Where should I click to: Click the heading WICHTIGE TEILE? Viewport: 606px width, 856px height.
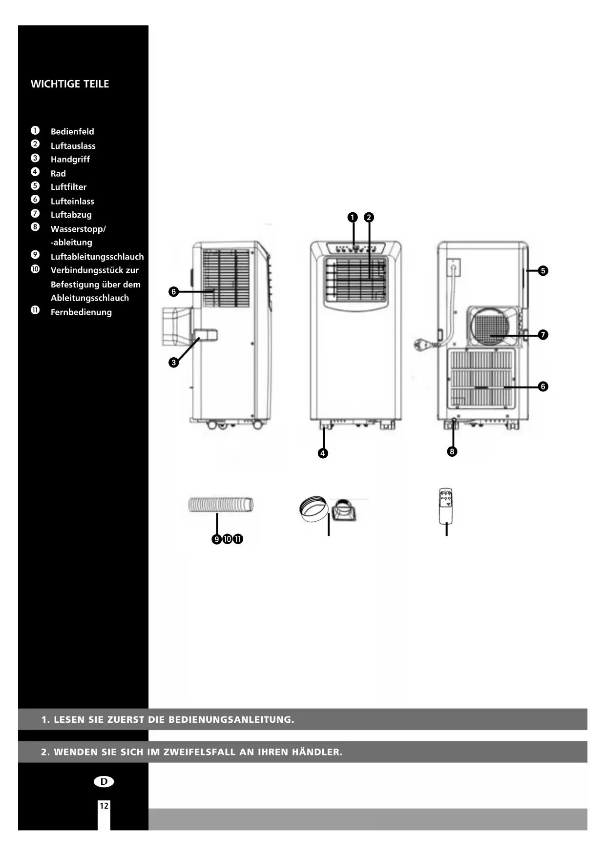pos(70,84)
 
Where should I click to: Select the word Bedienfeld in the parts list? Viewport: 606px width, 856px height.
pos(72,132)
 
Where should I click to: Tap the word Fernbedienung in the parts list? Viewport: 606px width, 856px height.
pos(81,312)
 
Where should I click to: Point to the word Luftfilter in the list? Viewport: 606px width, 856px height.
pos(68,187)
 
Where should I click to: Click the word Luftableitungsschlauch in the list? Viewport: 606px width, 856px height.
pos(97,257)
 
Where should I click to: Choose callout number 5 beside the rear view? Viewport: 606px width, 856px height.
pos(543,271)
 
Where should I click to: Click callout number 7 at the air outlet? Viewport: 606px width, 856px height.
pos(543,335)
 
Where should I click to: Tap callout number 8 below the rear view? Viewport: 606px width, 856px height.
pos(452,451)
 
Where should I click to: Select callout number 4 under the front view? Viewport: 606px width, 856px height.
pos(323,453)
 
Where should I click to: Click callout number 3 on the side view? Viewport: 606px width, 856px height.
pos(173,363)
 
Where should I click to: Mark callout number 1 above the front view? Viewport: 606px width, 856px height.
pos(353,218)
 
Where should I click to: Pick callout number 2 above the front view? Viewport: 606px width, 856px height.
pos(369,218)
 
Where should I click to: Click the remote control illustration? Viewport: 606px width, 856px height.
pos(446,506)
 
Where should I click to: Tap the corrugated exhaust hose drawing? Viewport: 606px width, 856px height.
pos(221,505)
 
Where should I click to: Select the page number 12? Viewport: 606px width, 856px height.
pos(104,806)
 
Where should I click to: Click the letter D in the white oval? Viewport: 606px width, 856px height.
pos(104,782)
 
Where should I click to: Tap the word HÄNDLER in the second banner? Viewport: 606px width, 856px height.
pos(317,752)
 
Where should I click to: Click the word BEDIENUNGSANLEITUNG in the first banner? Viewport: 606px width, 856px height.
pos(231,720)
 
